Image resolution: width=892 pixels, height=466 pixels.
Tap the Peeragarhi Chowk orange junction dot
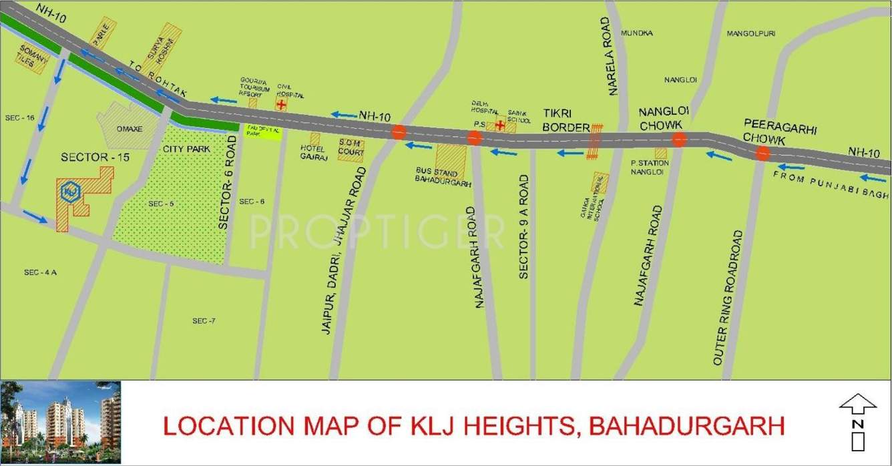[x=762, y=154]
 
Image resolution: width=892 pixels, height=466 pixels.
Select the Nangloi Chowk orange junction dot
[x=679, y=140]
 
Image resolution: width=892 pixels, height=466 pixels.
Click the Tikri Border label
[x=566, y=120]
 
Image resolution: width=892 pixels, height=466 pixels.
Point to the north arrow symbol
[x=858, y=421]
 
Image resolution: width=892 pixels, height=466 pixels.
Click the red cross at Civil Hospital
[x=281, y=104]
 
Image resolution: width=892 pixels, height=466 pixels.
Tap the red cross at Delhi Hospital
[x=499, y=124]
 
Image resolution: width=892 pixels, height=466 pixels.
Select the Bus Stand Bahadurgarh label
[x=443, y=176]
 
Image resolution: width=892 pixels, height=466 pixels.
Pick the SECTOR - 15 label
[x=95, y=158]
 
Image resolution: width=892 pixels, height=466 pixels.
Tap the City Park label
[x=186, y=149]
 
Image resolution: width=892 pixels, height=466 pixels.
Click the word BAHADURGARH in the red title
[x=688, y=425]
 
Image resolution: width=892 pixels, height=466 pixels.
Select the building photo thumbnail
[x=61, y=415]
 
